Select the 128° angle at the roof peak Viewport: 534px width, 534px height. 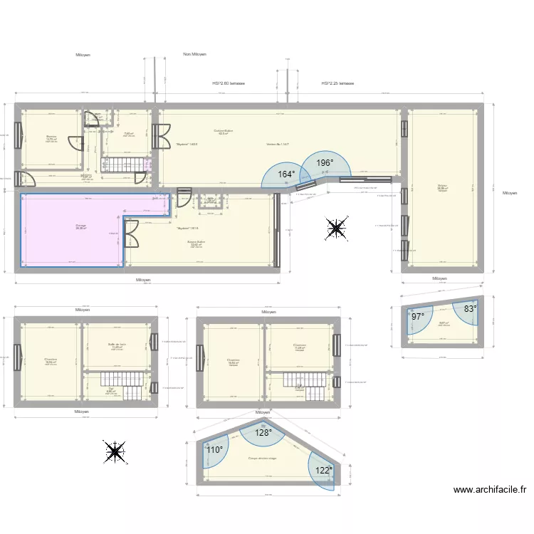[264, 432]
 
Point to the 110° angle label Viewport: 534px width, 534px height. [214, 450]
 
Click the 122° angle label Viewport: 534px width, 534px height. [324, 471]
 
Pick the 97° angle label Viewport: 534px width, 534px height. [417, 317]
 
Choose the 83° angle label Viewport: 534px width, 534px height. [470, 309]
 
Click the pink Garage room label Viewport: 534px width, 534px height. [81, 226]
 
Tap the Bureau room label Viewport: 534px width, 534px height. [51, 137]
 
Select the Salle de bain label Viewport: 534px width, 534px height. [117, 345]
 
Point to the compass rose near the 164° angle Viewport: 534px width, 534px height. [335, 228]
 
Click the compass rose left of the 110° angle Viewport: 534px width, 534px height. [114, 451]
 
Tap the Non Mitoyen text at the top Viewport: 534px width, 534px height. [194, 54]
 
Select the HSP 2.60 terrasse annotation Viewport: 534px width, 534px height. [229, 83]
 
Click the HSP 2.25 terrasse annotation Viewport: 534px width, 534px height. [337, 83]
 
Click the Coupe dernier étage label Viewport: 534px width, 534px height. [262, 459]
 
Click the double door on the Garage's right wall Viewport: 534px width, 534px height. [131, 232]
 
